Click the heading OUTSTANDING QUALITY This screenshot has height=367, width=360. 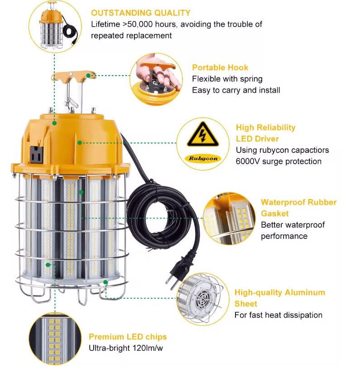point(141,13)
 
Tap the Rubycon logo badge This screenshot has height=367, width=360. point(203,158)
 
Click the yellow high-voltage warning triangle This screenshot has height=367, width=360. point(203,134)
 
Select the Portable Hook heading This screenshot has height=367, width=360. point(220,67)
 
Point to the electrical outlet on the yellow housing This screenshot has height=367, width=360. point(37,154)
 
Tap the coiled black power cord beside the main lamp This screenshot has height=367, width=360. point(162,215)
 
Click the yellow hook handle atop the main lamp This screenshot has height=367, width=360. point(73,76)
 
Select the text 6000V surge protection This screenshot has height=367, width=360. point(278,161)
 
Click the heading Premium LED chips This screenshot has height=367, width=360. point(128,337)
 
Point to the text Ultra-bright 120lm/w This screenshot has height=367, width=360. point(126,348)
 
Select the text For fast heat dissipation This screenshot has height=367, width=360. point(278,315)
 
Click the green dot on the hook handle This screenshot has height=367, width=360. point(88,76)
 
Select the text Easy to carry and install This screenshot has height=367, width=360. point(236,90)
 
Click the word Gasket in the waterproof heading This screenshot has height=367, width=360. point(275,214)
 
